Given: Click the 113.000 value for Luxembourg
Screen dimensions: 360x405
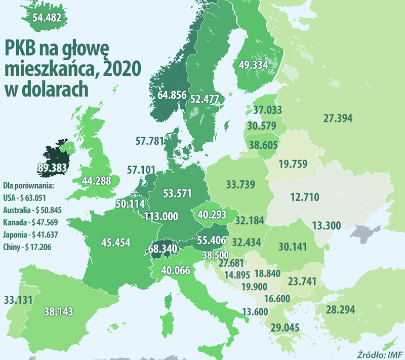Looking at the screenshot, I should click(161, 216).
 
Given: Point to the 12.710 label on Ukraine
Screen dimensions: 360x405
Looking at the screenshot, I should click(305, 196).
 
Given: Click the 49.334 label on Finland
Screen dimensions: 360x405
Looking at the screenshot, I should click(254, 64).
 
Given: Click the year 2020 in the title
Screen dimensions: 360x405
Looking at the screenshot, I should click(121, 68).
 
